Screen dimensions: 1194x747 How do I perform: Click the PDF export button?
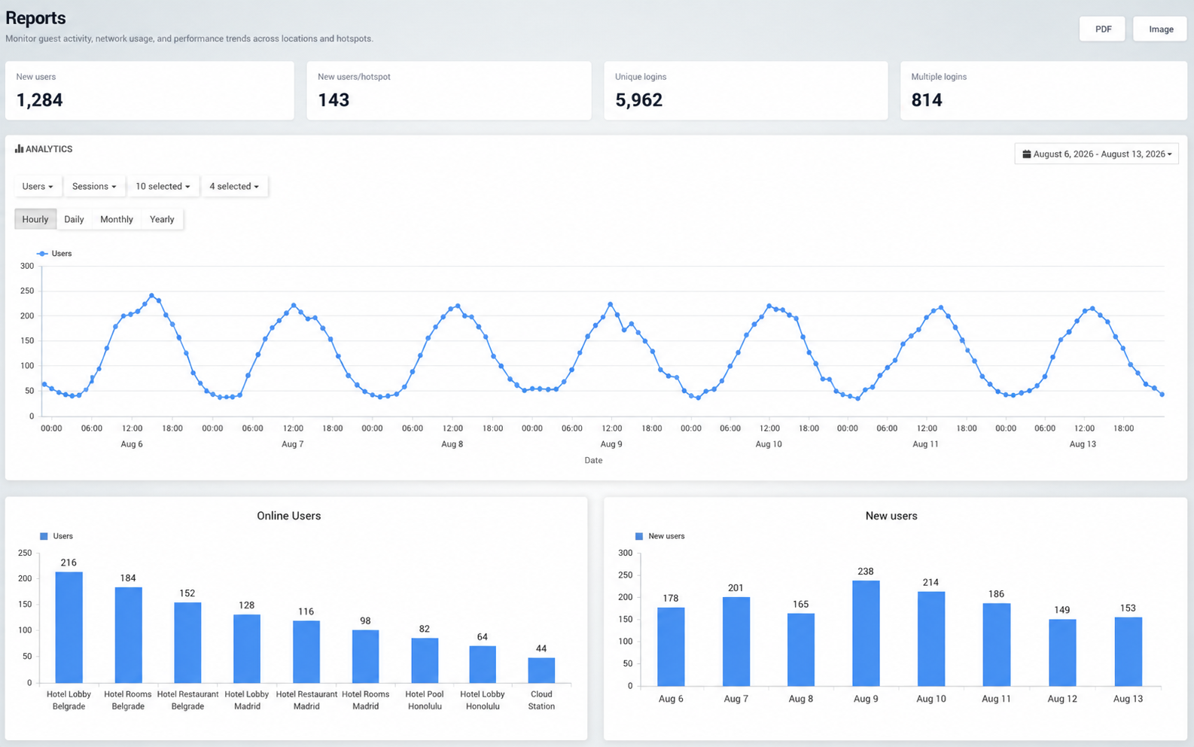(x=1102, y=29)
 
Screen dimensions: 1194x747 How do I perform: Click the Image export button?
(x=1160, y=29)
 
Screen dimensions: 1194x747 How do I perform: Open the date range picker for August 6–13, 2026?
(x=1096, y=154)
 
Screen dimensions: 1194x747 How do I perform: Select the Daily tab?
(x=74, y=219)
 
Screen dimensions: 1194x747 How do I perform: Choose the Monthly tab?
(x=117, y=219)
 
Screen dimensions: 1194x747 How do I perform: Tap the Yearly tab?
(x=162, y=219)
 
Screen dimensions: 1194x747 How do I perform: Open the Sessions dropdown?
(x=94, y=186)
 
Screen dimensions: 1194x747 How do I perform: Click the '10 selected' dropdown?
(x=163, y=186)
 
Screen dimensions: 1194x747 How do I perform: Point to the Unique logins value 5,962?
(x=638, y=99)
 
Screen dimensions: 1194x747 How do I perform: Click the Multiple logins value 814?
(x=927, y=99)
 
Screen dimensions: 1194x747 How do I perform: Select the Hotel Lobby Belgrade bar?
(x=69, y=627)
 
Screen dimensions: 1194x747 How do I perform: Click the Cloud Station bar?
(x=541, y=670)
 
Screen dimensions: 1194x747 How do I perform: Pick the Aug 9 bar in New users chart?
(x=866, y=633)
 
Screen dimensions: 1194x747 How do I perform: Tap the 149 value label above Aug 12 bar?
(x=1062, y=609)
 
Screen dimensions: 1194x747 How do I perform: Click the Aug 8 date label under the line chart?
(x=452, y=444)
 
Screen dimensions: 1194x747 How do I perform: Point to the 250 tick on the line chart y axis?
(x=27, y=291)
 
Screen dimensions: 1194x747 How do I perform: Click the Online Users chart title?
(x=289, y=516)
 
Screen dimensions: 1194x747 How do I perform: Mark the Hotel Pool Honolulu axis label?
(x=425, y=700)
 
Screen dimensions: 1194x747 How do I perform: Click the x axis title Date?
(x=593, y=460)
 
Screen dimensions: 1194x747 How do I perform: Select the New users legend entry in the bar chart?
(x=660, y=536)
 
